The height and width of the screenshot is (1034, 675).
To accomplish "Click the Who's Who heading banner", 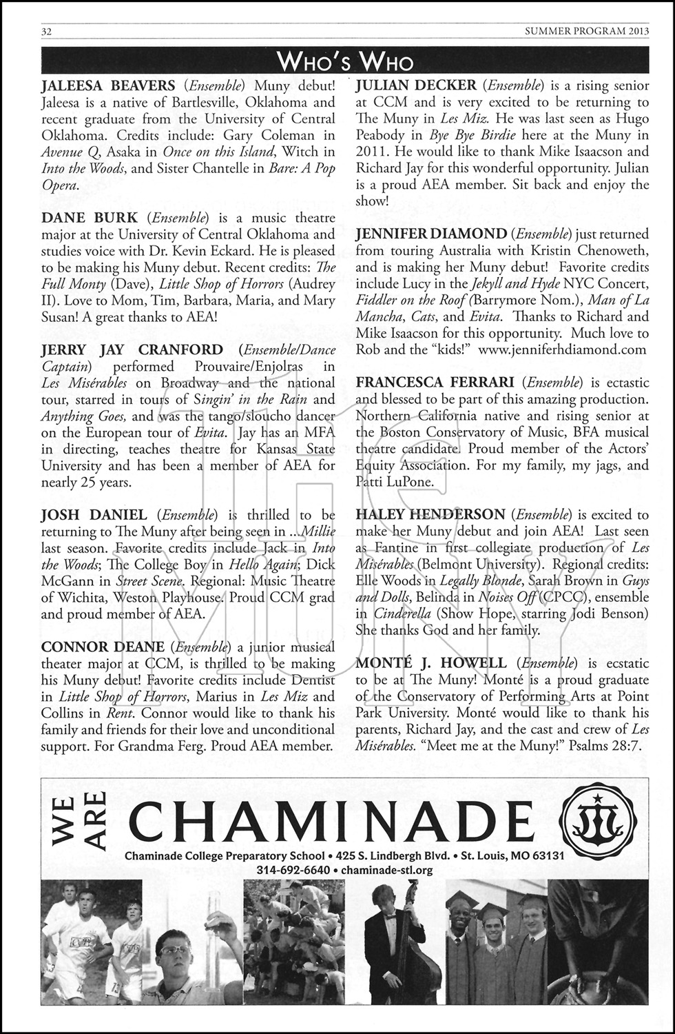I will click(344, 63).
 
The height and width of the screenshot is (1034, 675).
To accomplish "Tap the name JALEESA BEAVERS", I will click(108, 86).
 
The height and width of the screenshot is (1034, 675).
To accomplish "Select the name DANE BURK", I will click(90, 218).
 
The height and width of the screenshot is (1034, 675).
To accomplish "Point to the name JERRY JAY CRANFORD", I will click(132, 350).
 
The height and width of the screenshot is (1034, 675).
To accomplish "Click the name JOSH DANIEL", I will click(94, 515).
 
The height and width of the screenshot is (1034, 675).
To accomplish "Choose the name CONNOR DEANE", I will click(103, 647).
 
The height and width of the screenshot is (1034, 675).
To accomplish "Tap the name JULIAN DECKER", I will click(416, 86).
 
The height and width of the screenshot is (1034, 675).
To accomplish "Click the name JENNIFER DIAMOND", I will click(431, 234).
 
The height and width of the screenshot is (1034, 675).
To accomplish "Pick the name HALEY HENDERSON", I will click(430, 515).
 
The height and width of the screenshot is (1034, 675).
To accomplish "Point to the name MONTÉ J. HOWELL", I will click(431, 664).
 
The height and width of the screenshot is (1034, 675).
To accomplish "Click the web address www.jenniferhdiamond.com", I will click(562, 349).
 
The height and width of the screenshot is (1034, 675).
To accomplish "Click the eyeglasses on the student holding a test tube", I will click(175, 950).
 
